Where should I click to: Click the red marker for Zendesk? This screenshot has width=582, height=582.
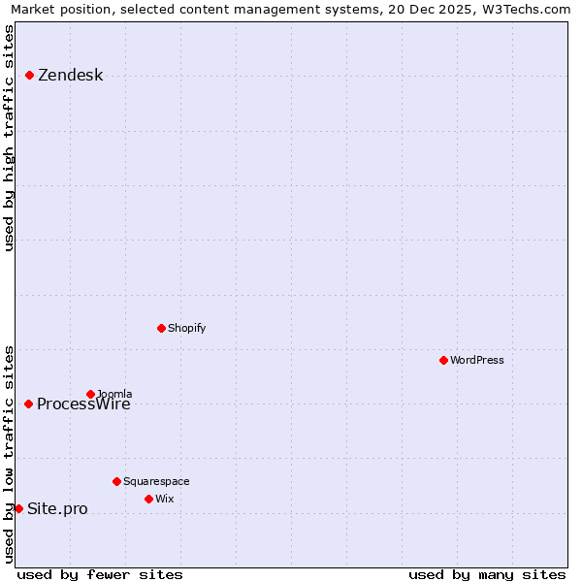click(29, 75)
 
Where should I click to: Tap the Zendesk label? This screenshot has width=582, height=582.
click(70, 76)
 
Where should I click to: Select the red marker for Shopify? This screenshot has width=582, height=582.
click(161, 328)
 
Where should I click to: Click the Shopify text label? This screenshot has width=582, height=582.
click(186, 328)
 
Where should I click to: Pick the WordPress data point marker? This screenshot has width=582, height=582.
click(443, 360)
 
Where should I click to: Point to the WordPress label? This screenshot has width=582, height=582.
click(476, 360)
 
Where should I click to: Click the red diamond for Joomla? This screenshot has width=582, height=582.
click(90, 394)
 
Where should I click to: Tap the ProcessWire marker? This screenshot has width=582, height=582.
click(28, 404)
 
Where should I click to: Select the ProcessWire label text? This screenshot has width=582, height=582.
click(83, 405)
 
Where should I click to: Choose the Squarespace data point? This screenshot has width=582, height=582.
click(116, 481)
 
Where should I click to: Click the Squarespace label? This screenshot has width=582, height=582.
click(156, 481)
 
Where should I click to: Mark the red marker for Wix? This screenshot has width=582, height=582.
click(148, 499)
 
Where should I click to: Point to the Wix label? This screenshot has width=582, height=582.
click(164, 499)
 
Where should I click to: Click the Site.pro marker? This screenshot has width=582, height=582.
click(18, 508)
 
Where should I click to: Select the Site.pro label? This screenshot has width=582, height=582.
click(57, 509)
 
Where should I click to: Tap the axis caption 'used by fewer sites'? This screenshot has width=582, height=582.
click(100, 574)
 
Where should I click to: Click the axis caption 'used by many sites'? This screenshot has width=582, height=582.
click(487, 574)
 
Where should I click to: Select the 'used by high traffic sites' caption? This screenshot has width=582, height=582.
click(10, 137)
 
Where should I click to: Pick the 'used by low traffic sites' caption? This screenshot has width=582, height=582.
click(10, 454)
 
